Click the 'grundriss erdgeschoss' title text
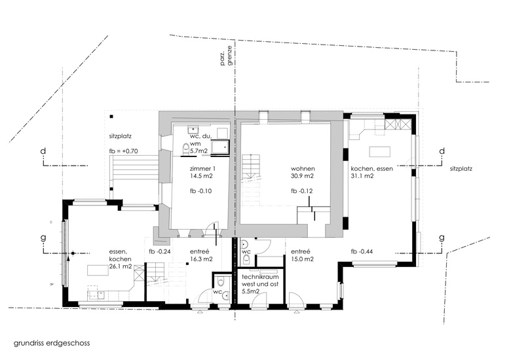coord(52,343)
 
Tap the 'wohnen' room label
coord(303,169)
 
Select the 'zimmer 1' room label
coord(202,169)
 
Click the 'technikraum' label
coord(260,277)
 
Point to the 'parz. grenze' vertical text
coord(227,56)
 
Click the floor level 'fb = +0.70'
coord(124,151)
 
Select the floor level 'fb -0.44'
coord(362,251)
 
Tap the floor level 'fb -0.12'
coord(302,190)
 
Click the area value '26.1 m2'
coord(121,266)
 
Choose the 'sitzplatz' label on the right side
coord(461,169)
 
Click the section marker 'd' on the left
coord(43,151)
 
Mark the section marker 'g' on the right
coord(442,238)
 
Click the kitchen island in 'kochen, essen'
coord(380,152)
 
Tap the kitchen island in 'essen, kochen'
coord(98,270)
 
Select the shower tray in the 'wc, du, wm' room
coord(221,147)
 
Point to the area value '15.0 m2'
coord(302,259)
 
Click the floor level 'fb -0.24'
coord(160,251)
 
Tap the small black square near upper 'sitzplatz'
coord(111,117)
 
